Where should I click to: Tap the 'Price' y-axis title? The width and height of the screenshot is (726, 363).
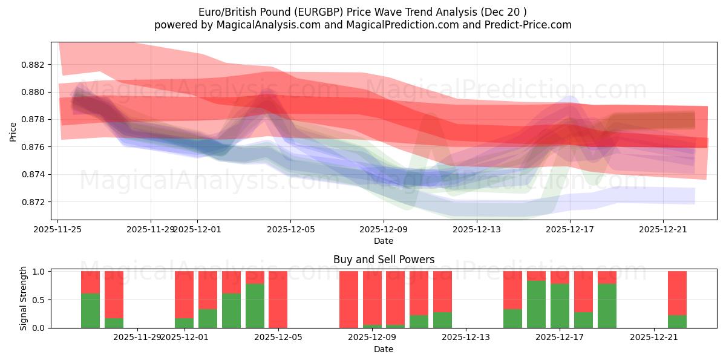(13, 131)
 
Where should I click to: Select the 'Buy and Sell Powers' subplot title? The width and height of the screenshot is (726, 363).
(384, 260)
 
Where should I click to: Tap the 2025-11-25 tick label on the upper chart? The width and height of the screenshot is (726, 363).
(57, 229)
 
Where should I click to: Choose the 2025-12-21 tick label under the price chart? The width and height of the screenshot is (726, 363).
(663, 229)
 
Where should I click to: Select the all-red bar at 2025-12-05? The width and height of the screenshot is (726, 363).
(278, 299)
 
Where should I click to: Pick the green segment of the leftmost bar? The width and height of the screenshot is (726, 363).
(90, 310)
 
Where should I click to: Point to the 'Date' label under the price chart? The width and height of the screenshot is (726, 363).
(384, 241)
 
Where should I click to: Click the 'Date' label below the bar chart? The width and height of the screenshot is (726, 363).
(384, 349)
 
